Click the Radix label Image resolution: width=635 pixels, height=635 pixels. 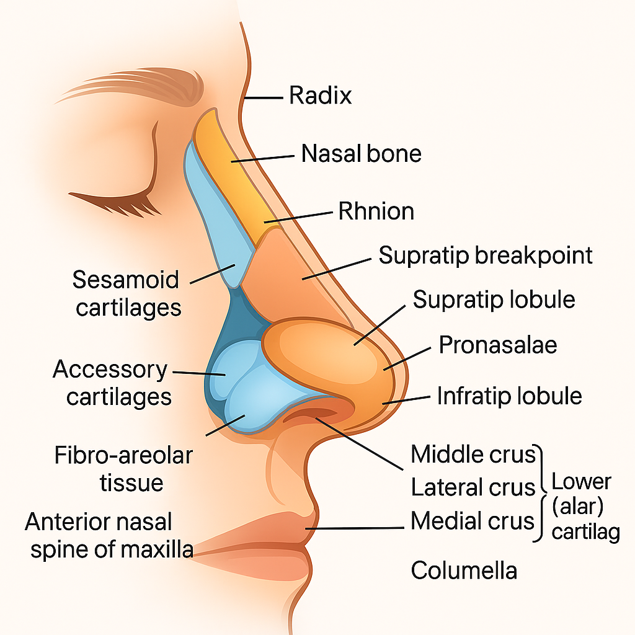click(x=321, y=96)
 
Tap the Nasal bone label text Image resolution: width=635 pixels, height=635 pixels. click(x=361, y=153)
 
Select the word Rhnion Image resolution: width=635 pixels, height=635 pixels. click(x=376, y=211)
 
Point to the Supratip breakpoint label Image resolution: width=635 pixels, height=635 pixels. click(x=486, y=255)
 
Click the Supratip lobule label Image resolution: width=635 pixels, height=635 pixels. click(x=494, y=300)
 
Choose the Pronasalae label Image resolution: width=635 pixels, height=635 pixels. click(x=497, y=345)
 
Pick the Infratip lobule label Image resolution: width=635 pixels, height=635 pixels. click(x=509, y=396)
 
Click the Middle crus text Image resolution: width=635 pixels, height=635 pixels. click(x=473, y=455)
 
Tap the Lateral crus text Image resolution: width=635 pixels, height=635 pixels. click(x=473, y=487)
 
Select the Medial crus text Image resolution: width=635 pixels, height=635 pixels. click(x=473, y=521)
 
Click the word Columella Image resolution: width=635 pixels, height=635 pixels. click(x=464, y=570)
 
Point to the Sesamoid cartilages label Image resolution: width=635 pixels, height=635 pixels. click(x=127, y=293)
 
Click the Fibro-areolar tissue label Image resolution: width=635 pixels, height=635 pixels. click(x=123, y=469)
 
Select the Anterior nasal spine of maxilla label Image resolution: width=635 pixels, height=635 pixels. click(x=108, y=535)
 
